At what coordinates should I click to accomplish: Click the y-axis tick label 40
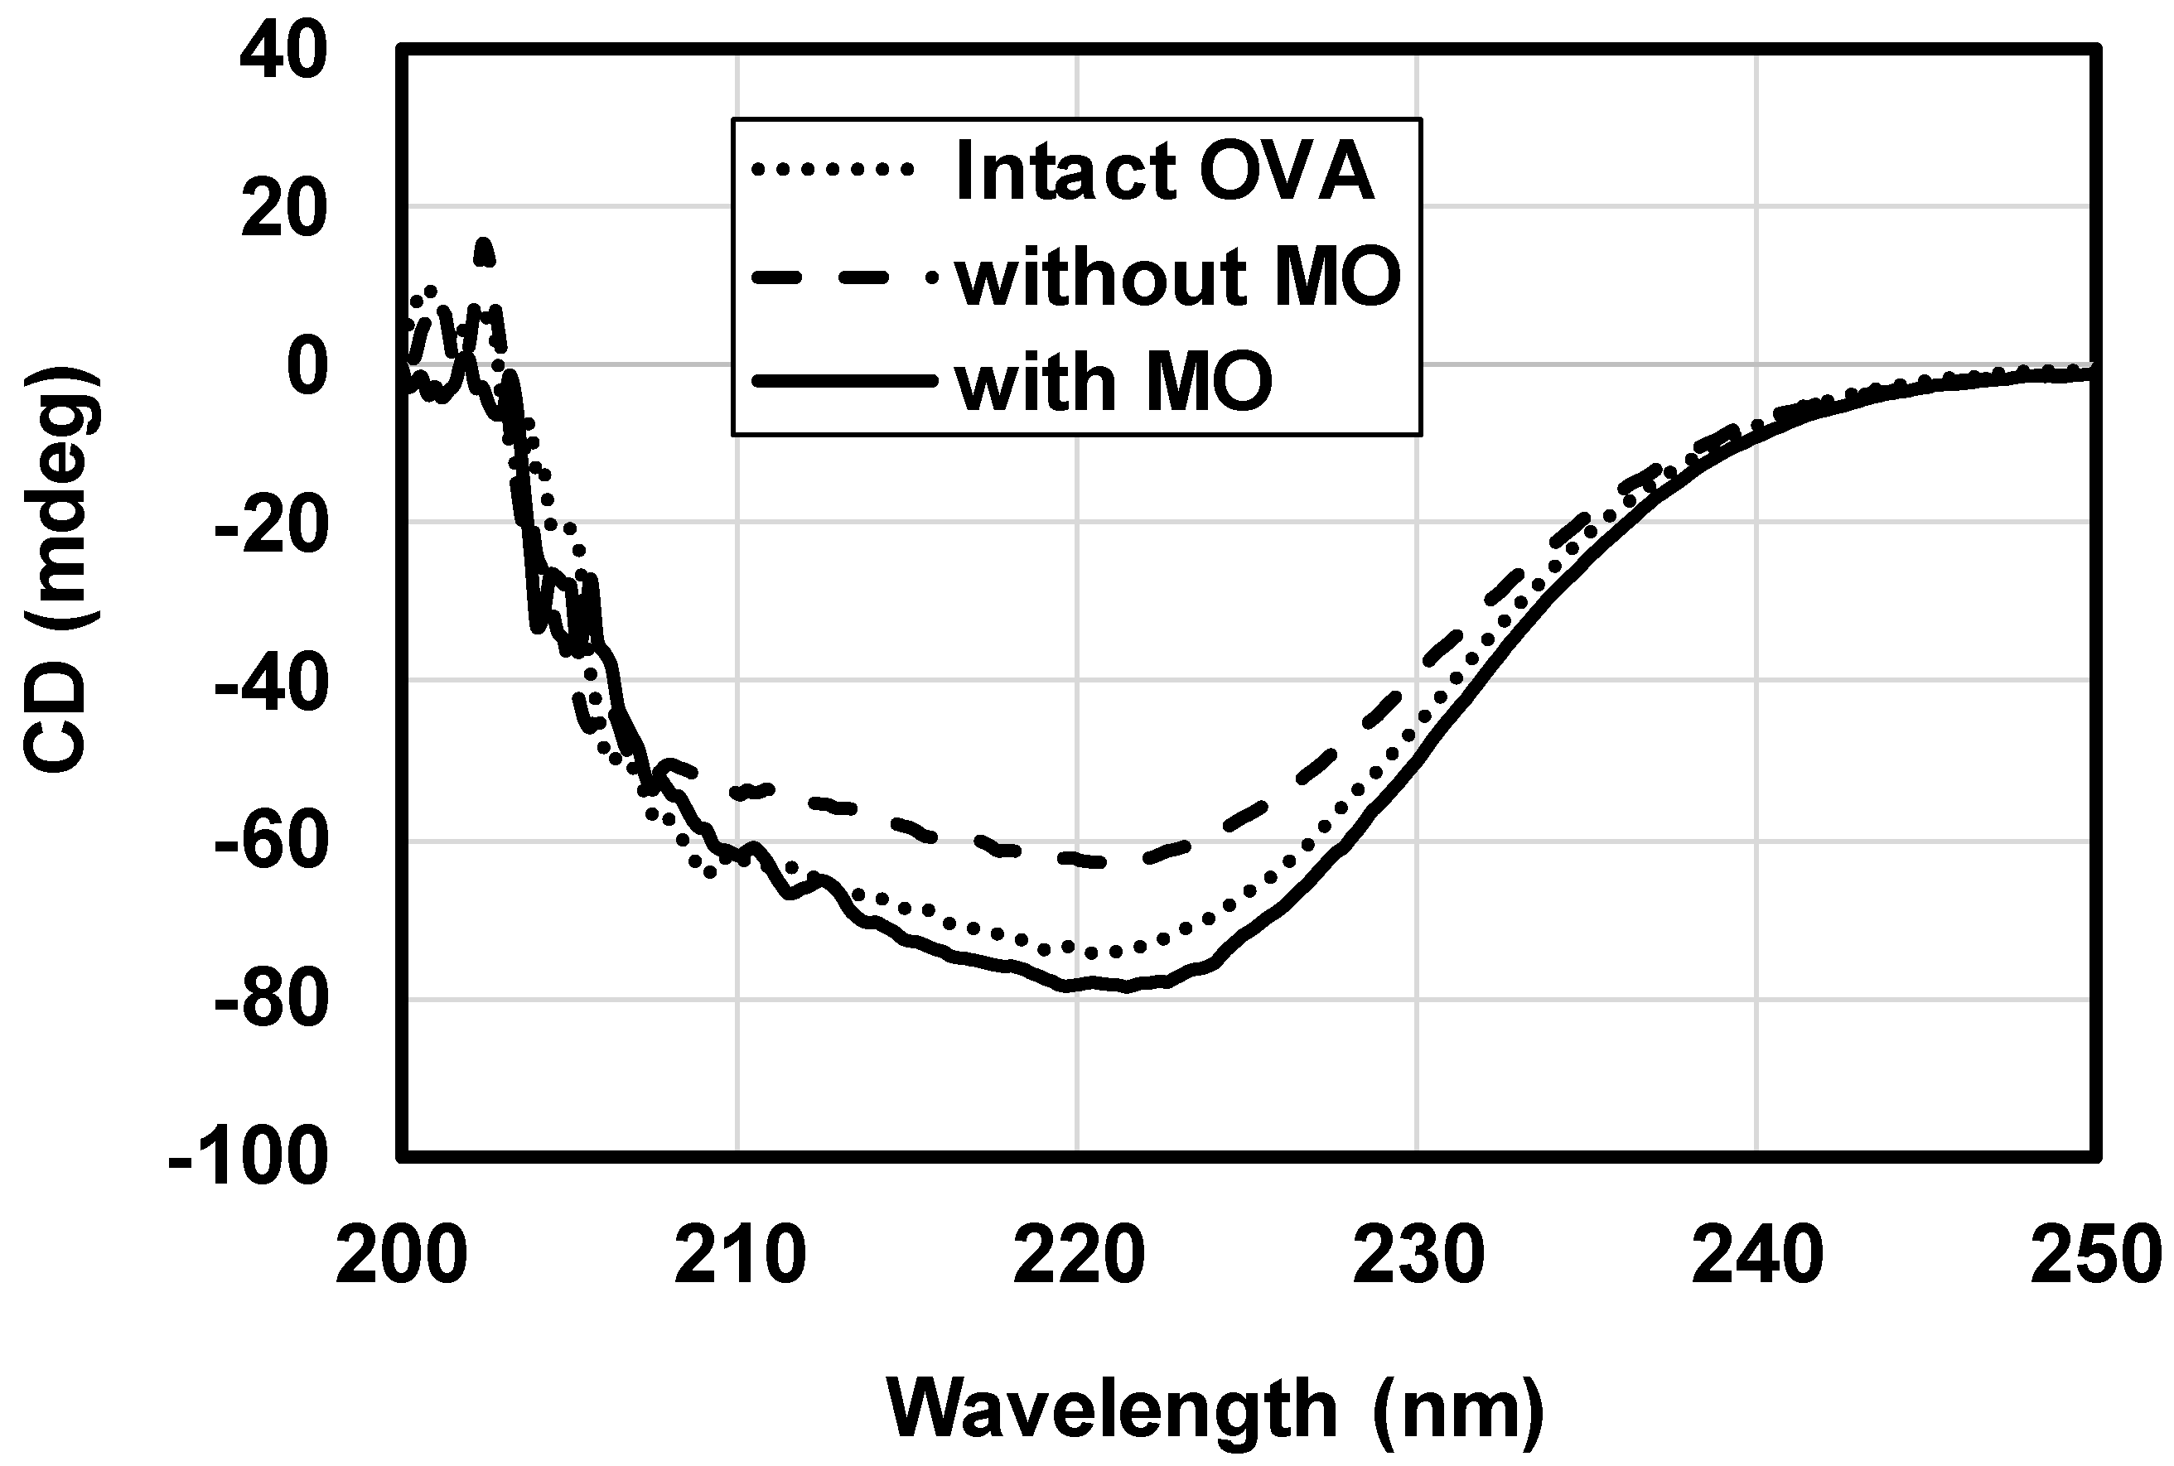pyautogui.click(x=283, y=51)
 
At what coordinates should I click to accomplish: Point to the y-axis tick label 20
pyautogui.click(x=283, y=210)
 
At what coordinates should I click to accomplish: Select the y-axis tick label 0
pyautogui.click(x=307, y=368)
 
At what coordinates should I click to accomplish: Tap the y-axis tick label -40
pyautogui.click(x=271, y=684)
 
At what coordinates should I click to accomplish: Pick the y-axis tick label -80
pyautogui.click(x=271, y=1001)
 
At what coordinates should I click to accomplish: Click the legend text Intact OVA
pyautogui.click(x=1164, y=172)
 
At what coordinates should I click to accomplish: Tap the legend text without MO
pyautogui.click(x=1178, y=277)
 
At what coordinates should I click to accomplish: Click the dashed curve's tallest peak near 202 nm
pyautogui.click(x=483, y=244)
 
